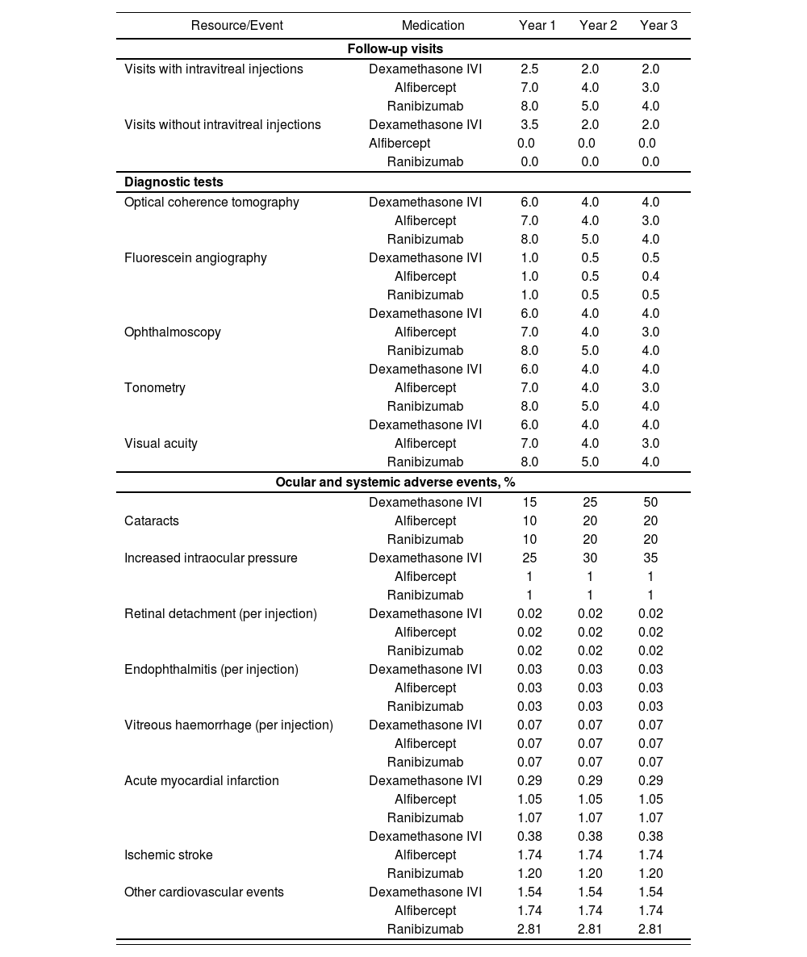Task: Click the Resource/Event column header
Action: click(x=236, y=26)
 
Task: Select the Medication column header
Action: click(x=433, y=26)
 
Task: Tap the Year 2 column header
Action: click(x=598, y=26)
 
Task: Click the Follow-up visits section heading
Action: click(x=395, y=49)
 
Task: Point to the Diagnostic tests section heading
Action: click(x=174, y=182)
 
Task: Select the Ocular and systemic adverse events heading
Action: click(x=395, y=483)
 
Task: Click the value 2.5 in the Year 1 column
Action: click(x=529, y=69)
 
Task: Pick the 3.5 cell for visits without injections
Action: click(x=529, y=125)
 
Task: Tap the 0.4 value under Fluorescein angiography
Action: click(x=650, y=277)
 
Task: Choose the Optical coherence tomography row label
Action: click(x=211, y=203)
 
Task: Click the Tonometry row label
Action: click(x=155, y=388)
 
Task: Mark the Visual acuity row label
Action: click(x=161, y=444)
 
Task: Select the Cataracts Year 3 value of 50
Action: click(x=650, y=503)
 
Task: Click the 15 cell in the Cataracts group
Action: click(x=529, y=503)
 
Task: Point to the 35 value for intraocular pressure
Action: click(x=650, y=558)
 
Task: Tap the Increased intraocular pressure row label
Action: click(x=211, y=558)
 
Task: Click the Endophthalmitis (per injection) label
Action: click(x=211, y=670)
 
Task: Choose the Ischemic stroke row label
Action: click(x=169, y=855)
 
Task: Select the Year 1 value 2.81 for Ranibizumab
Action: click(x=529, y=930)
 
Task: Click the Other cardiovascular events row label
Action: click(x=204, y=892)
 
